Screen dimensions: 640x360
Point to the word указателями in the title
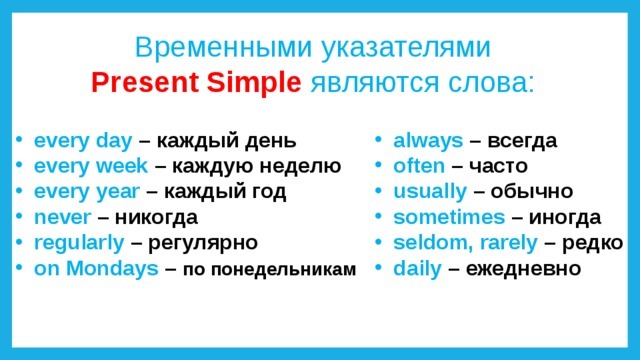point(406,48)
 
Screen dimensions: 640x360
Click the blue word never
point(62,217)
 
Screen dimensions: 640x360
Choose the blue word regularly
point(79,244)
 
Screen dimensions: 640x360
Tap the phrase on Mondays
point(96,269)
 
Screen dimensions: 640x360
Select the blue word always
point(428,141)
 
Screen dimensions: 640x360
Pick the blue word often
point(419,166)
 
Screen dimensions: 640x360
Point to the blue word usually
point(430,192)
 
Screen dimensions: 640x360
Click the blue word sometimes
point(449,217)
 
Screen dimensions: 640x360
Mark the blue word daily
point(417,269)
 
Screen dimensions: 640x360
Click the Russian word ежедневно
point(523,269)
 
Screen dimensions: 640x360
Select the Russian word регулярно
point(203,244)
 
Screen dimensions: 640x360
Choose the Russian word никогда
point(156,218)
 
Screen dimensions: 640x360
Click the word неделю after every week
point(300,167)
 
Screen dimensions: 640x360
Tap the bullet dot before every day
point(19,139)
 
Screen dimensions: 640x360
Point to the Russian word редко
point(592,244)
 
